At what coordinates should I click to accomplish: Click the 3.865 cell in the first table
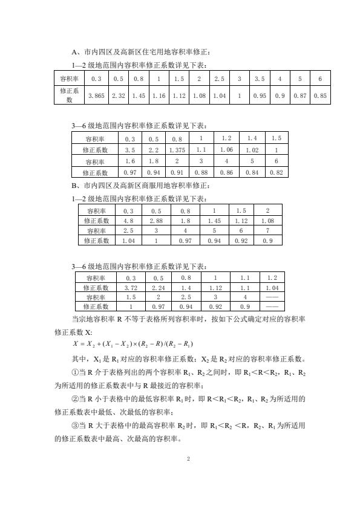pyautogui.click(x=96, y=96)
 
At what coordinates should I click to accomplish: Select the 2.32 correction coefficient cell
pyautogui.click(x=118, y=96)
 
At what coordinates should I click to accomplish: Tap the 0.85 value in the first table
pyautogui.click(x=321, y=96)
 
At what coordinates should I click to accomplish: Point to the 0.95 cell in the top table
pyautogui.click(x=259, y=96)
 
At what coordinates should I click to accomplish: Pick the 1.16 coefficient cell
pyautogui.click(x=159, y=96)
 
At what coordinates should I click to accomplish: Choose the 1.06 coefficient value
pyautogui.click(x=226, y=149)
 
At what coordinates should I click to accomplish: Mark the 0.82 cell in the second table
pyautogui.click(x=276, y=172)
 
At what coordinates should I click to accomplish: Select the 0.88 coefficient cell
pyautogui.click(x=201, y=172)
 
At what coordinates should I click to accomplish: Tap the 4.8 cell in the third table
pyautogui.click(x=128, y=221)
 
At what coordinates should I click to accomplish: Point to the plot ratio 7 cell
pyautogui.click(x=268, y=231)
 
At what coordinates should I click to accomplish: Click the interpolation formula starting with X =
pyautogui.click(x=134, y=344)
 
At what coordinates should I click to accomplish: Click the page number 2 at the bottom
pyautogui.click(x=189, y=459)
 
